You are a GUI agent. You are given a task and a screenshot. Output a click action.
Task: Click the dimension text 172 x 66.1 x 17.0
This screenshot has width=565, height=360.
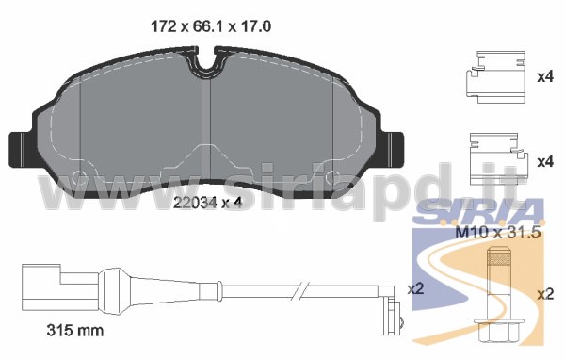point(211,26)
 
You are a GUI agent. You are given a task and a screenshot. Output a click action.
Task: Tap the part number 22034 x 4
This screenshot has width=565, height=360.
point(207,203)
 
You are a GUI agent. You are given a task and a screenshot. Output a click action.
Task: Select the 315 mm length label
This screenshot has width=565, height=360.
point(75,331)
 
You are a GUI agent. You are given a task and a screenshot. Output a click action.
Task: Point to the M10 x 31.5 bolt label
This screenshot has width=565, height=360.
point(498,233)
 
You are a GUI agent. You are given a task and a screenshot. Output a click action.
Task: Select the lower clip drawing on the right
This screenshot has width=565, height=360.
point(499,158)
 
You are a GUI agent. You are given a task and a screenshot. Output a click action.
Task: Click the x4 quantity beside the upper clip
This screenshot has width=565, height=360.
point(545,77)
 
